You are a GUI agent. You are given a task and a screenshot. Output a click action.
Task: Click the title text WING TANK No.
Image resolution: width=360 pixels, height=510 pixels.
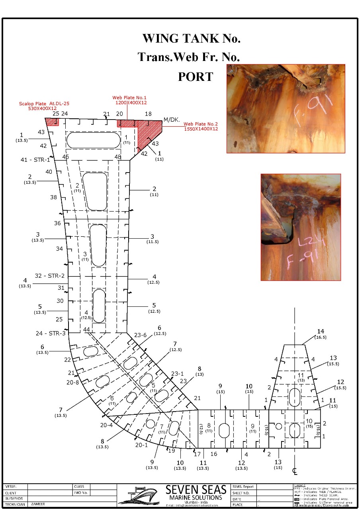(x=191, y=39)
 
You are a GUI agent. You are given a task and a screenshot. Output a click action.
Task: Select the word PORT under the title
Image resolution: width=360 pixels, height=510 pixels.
(x=196, y=76)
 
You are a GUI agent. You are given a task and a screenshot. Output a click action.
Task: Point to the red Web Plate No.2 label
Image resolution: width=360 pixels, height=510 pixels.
(x=201, y=126)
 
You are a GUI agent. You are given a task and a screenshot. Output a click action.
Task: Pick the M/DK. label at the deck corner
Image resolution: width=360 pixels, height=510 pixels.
(x=172, y=119)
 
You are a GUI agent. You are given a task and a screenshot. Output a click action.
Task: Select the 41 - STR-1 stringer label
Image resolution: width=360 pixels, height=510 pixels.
(x=35, y=160)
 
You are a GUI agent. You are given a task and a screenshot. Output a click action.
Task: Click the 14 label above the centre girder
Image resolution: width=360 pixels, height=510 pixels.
(x=321, y=331)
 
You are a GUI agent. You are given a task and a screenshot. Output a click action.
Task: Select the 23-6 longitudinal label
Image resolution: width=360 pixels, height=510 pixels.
(x=140, y=335)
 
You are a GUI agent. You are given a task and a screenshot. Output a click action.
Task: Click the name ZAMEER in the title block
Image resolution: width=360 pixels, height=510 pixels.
(x=38, y=504)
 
